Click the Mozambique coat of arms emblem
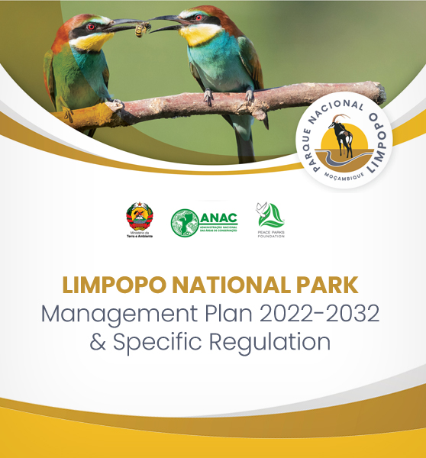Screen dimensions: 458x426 [x=139, y=218]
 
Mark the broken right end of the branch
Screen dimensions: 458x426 [x=379, y=92]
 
